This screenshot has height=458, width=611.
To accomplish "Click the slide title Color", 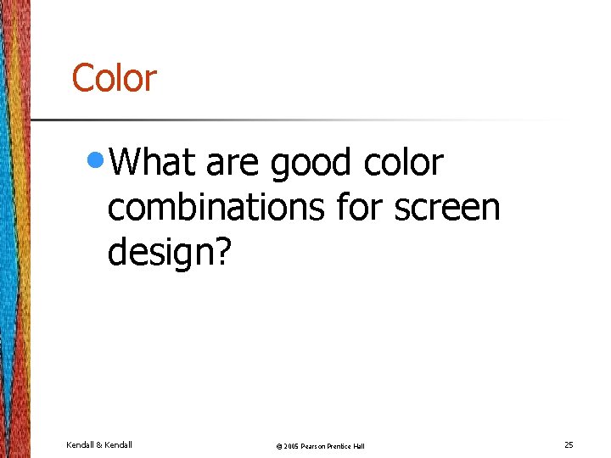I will pyautogui.click(x=114, y=78).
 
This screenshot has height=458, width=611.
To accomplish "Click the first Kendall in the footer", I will pyautogui.click(x=82, y=444).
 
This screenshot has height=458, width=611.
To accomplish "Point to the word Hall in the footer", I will pyautogui.click(x=360, y=446).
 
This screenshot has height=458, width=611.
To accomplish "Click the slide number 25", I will pyautogui.click(x=569, y=444).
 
